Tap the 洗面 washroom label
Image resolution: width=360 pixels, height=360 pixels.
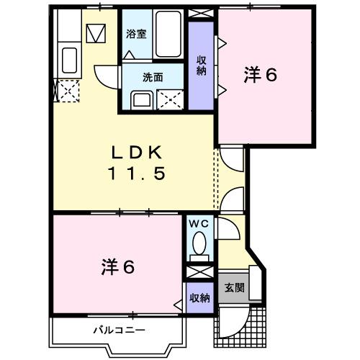click(152, 76)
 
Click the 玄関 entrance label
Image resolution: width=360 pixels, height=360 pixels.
click(233, 288)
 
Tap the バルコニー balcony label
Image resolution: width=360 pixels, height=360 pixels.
click(119, 330)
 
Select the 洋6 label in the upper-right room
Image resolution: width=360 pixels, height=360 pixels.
click(260, 74)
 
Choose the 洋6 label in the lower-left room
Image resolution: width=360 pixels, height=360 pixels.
click(117, 267)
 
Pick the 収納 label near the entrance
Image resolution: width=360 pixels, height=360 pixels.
click(199, 297)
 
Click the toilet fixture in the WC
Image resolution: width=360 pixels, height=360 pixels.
click(198, 245)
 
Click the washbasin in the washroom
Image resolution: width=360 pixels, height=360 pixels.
click(140, 99)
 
